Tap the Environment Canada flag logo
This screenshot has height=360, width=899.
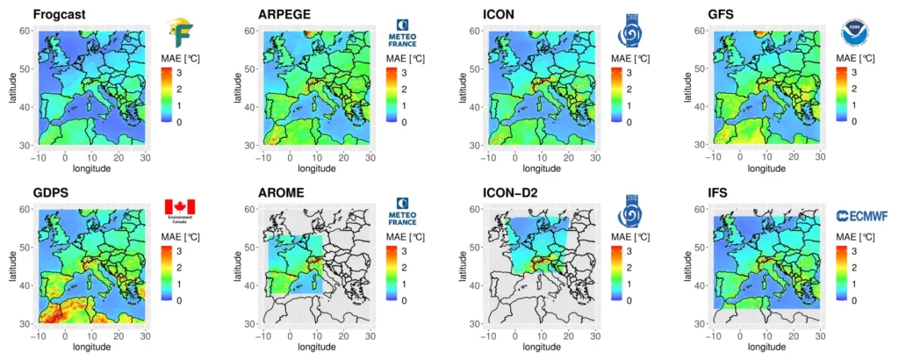coord(180,210)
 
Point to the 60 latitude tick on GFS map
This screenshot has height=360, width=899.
coord(707,31)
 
